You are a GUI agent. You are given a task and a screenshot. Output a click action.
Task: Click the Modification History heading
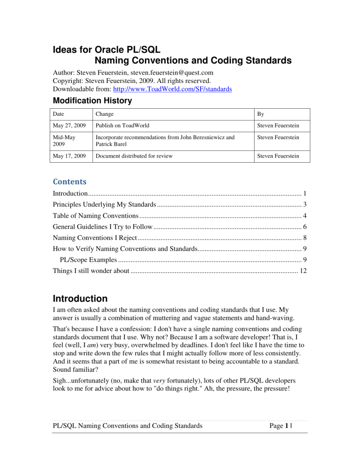(92, 100)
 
